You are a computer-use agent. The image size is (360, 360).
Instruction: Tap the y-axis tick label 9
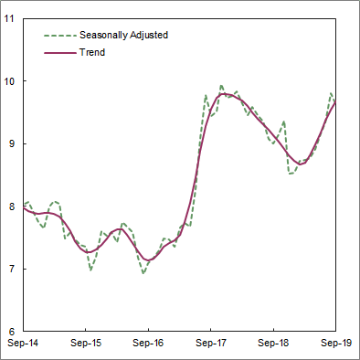(x=13, y=143)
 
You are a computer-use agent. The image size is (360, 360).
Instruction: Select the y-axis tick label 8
(x=13, y=206)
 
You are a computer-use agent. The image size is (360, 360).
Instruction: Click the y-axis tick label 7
(x=13, y=269)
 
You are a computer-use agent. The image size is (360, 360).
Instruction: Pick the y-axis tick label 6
(x=13, y=331)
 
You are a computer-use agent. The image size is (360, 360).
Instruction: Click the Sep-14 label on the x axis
(x=23, y=343)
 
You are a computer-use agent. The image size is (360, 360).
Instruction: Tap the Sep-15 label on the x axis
(x=86, y=343)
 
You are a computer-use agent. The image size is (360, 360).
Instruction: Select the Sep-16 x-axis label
(x=148, y=343)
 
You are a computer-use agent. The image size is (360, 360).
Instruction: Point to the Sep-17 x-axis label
(x=211, y=343)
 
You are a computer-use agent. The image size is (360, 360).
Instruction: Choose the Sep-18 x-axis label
(x=273, y=343)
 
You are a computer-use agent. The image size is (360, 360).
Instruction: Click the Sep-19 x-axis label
(x=334, y=343)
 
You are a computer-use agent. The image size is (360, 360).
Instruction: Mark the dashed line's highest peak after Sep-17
(x=221, y=86)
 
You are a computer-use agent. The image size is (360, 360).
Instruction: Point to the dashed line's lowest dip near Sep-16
(x=143, y=273)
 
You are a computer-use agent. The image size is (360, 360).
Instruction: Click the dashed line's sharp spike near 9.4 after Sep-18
(x=284, y=121)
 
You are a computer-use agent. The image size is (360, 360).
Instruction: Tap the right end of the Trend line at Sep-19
(x=335, y=101)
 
